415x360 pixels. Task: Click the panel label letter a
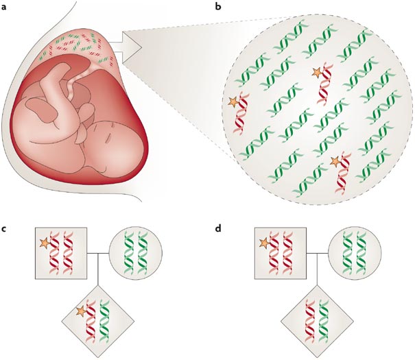pos(3,7)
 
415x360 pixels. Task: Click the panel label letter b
pos(218,6)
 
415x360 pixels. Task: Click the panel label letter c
pos(3,228)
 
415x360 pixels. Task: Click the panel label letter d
pos(218,228)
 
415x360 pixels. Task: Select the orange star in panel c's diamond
pos(81,311)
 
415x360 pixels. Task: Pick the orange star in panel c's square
pos(45,243)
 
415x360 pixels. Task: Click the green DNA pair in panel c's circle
pos(136,253)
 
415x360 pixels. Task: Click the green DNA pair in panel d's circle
pos(355,252)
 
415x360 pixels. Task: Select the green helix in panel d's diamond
pos(324,321)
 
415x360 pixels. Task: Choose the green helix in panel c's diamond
pos(104,321)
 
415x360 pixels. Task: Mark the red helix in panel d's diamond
pos(309,321)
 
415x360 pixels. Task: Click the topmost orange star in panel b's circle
pos(317,72)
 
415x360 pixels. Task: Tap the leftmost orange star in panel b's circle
pos(233,102)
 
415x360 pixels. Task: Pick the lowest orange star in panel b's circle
pos(335,161)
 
